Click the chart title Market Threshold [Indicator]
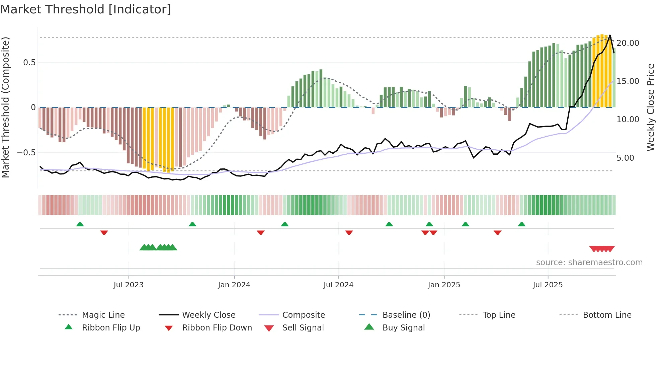click(86, 9)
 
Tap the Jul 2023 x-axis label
click(128, 285)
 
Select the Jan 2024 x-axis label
click(234, 285)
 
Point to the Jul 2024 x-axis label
click(338, 285)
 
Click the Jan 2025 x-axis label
click(444, 285)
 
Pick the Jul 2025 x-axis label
click(548, 285)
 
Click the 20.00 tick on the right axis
click(628, 43)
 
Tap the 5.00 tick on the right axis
click(625, 158)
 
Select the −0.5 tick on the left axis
click(26, 153)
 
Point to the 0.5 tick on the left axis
click(29, 63)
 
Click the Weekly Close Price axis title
click(650, 107)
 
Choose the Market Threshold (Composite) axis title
click(5, 107)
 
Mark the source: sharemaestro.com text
click(589, 263)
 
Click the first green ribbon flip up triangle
click(80, 224)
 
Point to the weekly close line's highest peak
click(610, 35)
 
